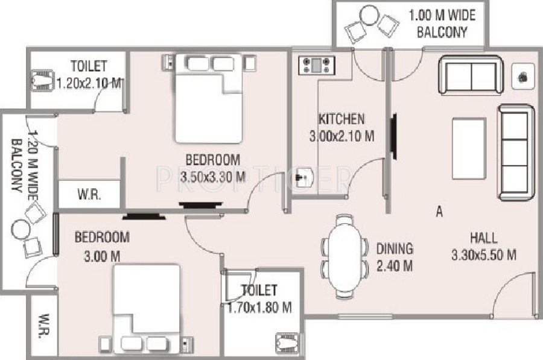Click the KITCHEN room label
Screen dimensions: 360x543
pyautogui.click(x=341, y=119)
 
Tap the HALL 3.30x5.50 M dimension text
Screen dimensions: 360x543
pyautogui.click(x=484, y=255)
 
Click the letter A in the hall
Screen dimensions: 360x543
pyautogui.click(x=439, y=211)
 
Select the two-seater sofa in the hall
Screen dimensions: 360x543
pyautogui.click(x=471, y=75)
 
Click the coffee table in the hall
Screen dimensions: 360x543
pyautogui.click(x=469, y=147)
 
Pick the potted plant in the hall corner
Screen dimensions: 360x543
pyautogui.click(x=522, y=77)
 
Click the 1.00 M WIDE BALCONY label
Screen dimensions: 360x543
pyautogui.click(x=442, y=24)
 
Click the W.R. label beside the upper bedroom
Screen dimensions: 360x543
pyautogui.click(x=89, y=195)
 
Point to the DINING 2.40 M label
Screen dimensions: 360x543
pyautogui.click(x=395, y=257)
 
